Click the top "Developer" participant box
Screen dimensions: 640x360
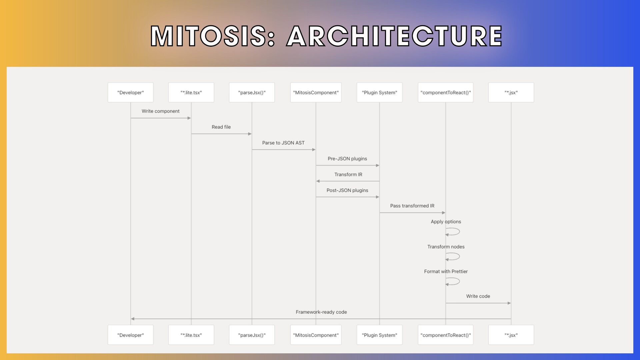(131, 92)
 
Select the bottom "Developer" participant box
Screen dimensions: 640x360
(131, 335)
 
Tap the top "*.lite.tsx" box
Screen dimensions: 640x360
(191, 92)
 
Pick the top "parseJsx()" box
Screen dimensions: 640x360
(252, 92)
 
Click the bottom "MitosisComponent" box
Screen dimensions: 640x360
(316, 335)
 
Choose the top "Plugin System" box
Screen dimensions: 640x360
(380, 92)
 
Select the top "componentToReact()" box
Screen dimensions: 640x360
(446, 92)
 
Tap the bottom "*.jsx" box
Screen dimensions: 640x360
(511, 335)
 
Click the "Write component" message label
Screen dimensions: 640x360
(161, 111)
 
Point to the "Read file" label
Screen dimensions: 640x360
(221, 127)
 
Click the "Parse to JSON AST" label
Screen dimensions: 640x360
(283, 143)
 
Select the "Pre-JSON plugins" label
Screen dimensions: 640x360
(347, 159)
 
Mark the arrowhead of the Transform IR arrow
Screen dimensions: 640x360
(318, 181)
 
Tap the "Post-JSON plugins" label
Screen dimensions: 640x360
(347, 190)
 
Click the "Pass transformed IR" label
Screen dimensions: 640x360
(412, 206)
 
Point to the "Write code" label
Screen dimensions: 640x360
(478, 296)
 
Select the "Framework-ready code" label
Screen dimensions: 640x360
(321, 312)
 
